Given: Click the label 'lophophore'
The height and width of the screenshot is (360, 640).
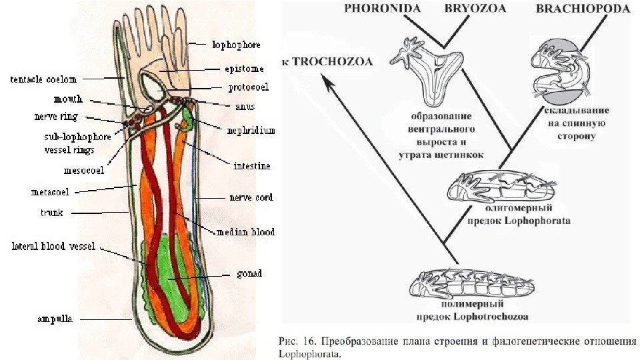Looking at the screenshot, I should (x=236, y=45).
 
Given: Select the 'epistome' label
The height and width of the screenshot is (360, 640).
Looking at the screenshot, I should (x=243, y=68).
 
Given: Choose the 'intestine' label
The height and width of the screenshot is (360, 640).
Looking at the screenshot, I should (x=251, y=165).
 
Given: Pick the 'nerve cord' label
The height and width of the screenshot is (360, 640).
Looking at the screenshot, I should (x=251, y=197).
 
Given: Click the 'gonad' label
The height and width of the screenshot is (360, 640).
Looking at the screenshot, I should (x=249, y=273).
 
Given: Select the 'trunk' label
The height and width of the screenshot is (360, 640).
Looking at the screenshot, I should (x=51, y=213).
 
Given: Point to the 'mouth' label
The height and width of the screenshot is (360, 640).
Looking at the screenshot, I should (x=69, y=99).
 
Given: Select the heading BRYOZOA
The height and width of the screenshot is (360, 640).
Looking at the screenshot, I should (x=475, y=9).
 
